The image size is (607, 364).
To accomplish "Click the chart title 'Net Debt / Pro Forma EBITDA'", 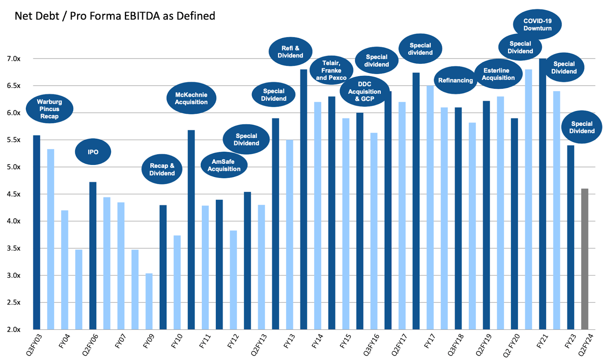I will click(x=115, y=16).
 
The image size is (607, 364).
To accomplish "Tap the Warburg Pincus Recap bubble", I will click(x=49, y=109).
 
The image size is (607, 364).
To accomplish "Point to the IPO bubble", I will click(x=93, y=152).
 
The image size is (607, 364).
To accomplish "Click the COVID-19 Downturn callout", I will click(x=537, y=25).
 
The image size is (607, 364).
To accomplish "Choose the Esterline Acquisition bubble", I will click(x=498, y=74).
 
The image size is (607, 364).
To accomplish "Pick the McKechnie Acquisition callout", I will click(x=191, y=98).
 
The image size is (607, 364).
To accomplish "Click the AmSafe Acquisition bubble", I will click(x=224, y=165).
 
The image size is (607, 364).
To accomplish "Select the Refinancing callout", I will click(x=455, y=80).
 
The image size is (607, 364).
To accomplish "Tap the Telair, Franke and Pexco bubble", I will click(x=331, y=71).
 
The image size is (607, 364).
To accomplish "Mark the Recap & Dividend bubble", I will click(x=162, y=169).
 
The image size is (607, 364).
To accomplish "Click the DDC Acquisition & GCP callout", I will click(x=364, y=91).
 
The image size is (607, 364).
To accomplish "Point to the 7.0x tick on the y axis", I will click(x=14, y=59).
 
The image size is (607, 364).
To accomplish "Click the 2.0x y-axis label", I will click(x=14, y=329).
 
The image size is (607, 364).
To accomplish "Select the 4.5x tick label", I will click(x=14, y=194).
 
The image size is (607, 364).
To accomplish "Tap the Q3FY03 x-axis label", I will click(x=34, y=345).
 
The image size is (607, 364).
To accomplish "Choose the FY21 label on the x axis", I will click(x=542, y=342).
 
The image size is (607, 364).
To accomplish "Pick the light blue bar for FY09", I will click(x=149, y=301).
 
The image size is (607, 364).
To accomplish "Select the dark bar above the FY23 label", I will click(x=571, y=237).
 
